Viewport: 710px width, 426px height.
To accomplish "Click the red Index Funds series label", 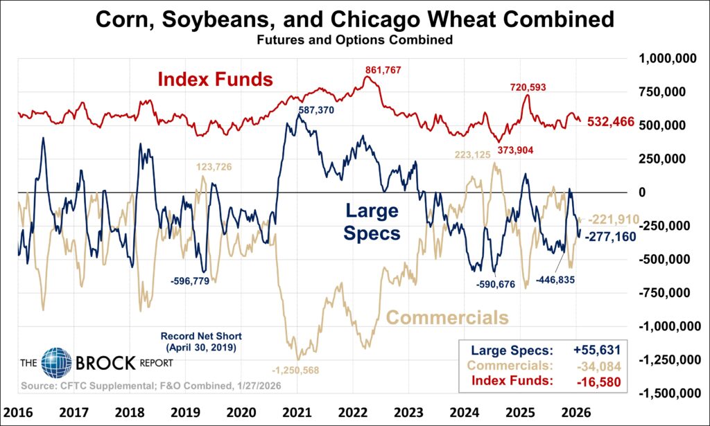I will tap(215, 79).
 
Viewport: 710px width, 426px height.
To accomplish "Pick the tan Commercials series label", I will tap(447, 318).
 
